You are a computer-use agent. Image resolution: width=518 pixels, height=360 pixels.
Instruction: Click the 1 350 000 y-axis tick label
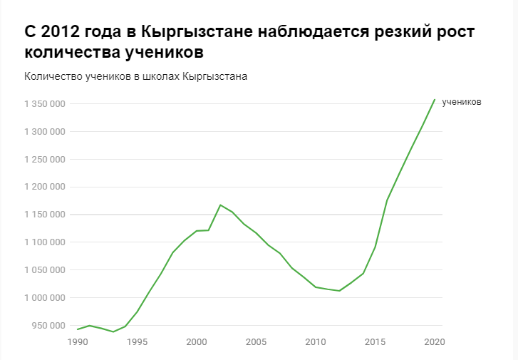coord(45,104)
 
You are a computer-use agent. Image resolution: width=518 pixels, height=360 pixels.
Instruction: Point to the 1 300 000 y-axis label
coord(45,132)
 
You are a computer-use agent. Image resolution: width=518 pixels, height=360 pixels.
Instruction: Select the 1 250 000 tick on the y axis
coord(45,159)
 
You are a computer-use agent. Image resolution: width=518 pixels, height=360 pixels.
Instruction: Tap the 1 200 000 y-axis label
coord(45,187)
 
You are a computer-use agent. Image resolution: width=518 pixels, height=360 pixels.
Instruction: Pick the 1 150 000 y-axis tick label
coord(45,215)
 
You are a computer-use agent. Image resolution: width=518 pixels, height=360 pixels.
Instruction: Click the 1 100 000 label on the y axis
coord(45,242)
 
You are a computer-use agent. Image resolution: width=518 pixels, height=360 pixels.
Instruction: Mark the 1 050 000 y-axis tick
coord(45,270)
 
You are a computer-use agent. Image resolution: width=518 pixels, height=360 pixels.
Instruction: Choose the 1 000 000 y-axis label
coord(45,297)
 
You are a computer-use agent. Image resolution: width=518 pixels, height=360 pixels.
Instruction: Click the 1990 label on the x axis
coord(77,342)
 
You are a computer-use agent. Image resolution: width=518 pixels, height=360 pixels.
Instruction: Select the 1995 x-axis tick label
coord(137,342)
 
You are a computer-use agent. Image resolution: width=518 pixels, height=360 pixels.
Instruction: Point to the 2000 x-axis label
coord(196,342)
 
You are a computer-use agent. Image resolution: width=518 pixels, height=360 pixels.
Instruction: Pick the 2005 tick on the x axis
coord(256,342)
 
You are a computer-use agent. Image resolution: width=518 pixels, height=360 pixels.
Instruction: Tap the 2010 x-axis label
coord(316,342)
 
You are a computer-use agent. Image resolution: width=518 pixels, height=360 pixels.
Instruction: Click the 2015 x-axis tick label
coord(375,342)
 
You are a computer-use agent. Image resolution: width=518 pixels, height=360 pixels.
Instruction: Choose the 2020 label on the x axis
coord(434,342)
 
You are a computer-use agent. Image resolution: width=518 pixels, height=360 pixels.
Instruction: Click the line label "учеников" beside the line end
coord(462,102)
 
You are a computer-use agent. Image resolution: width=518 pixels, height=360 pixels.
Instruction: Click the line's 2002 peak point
coord(220,205)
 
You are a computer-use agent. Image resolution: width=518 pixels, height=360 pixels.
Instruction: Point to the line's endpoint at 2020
coord(435,99)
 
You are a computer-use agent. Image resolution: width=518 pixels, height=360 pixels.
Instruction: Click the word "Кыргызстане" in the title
coord(195,33)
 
